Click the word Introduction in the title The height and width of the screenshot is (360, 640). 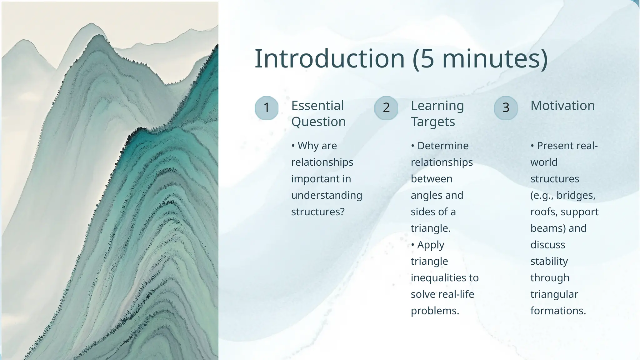pos(330,59)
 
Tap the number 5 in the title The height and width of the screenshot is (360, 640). pos(427,59)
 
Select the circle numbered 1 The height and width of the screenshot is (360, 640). pos(267,108)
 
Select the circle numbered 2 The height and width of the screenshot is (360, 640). pos(386,108)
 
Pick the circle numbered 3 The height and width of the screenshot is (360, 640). pos(506,108)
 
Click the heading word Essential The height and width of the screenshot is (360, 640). pos(317,106)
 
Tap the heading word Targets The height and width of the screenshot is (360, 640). pos(433,122)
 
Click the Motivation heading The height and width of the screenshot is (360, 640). pos(562,106)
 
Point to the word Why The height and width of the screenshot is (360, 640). pos(308,146)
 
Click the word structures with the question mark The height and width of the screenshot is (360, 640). pos(317,212)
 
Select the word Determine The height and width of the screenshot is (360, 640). pos(443,146)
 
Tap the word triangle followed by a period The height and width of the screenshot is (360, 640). pos(430,228)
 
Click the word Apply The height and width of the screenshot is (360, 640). pos(430,245)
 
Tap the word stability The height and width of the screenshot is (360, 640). pos(549,261)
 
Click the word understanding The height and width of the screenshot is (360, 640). pos(327,195)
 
